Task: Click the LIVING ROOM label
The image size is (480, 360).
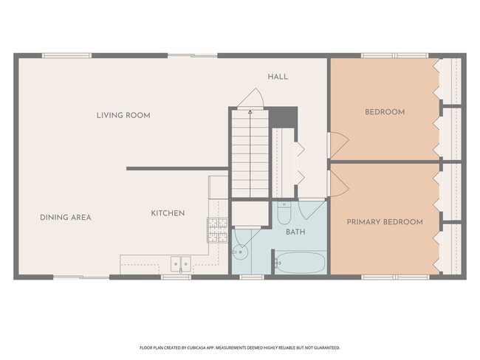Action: click(123, 115)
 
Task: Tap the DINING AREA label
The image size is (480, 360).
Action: click(66, 218)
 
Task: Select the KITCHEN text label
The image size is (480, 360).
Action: click(168, 213)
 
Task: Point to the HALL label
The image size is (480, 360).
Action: click(278, 77)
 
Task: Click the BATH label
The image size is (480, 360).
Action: click(295, 232)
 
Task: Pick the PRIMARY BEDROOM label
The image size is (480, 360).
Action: click(385, 222)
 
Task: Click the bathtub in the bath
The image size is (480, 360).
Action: click(300, 263)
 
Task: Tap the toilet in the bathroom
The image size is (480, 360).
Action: click(284, 213)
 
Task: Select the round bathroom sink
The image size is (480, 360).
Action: click(240, 252)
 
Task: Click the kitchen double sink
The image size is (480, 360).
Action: click(181, 264)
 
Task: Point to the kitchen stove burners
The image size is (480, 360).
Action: click(217, 230)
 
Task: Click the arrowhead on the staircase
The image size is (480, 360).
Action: click(250, 112)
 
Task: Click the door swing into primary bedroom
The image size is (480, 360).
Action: click(338, 183)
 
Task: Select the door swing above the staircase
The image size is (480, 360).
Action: click(250, 98)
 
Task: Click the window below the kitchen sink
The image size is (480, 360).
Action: click(176, 277)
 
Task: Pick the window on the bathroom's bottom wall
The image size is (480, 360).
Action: click(252, 277)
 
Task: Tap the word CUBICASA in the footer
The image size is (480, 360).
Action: click(196, 347)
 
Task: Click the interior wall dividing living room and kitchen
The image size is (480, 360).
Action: click(177, 168)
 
